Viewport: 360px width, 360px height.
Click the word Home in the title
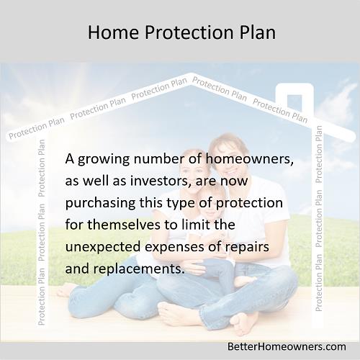coord(114,32)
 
